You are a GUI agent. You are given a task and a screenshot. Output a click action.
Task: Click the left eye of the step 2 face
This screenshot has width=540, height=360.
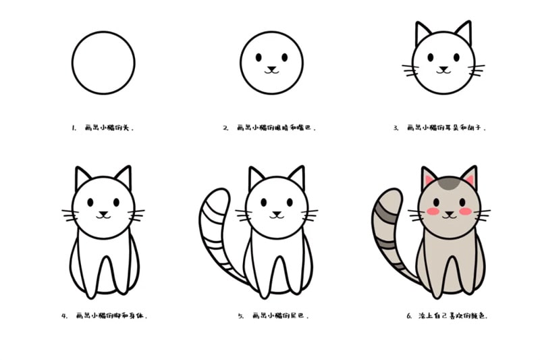click(259, 57)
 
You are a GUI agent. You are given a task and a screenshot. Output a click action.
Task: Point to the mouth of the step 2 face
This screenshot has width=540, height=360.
click(271, 70)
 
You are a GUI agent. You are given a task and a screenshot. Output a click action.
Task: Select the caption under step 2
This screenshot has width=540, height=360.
click(270, 127)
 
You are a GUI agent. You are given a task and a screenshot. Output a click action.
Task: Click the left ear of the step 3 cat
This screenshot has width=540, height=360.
click(423, 34)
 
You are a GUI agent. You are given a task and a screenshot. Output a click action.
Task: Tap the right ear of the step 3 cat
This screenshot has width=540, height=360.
click(463, 34)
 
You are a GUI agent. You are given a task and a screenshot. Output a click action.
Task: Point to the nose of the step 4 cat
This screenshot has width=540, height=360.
click(103, 213)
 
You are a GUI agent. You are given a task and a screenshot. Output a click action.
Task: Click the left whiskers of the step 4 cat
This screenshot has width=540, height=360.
click(70, 215)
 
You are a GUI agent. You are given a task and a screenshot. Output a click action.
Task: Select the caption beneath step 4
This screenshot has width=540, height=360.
click(108, 315)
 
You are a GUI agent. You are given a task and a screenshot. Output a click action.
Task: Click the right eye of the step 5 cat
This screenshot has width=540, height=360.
click(290, 201)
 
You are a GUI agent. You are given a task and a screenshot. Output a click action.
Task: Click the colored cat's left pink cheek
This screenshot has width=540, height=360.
click(433, 212)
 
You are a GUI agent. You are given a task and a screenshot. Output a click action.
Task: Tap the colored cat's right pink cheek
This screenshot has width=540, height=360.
click(464, 212)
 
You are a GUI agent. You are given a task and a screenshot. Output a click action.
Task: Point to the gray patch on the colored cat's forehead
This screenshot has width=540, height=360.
click(448, 182)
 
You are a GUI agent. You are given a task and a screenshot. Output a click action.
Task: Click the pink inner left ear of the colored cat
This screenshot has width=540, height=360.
click(428, 181)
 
